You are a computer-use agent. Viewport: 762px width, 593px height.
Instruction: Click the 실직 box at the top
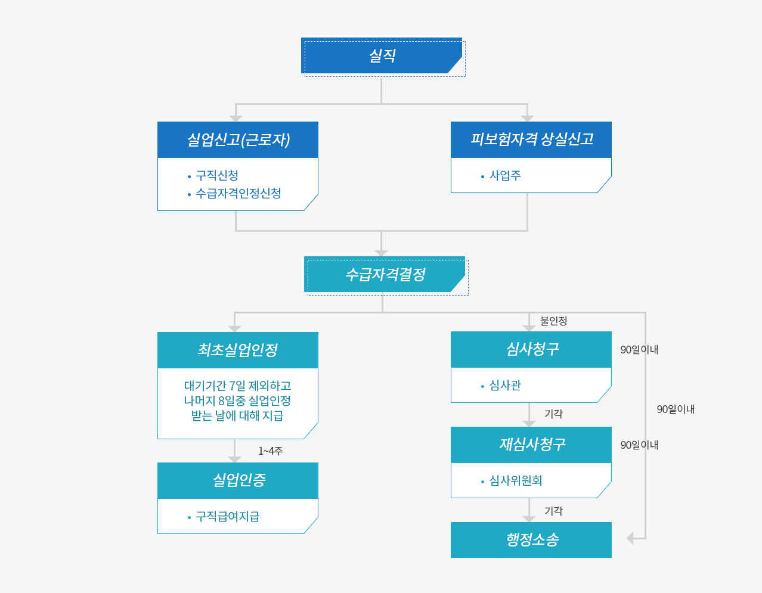(x=382, y=56)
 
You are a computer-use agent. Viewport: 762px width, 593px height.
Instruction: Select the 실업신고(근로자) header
(x=238, y=140)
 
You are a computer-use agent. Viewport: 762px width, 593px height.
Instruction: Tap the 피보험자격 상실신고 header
(x=531, y=139)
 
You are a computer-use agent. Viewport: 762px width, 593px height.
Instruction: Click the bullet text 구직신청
(x=217, y=175)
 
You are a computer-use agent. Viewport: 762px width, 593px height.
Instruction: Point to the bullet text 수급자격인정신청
(x=238, y=193)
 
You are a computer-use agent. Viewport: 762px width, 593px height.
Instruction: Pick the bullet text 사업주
(x=505, y=175)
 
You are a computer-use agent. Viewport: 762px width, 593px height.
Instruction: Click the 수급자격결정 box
(x=385, y=275)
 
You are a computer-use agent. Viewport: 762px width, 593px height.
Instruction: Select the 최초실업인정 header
(x=238, y=350)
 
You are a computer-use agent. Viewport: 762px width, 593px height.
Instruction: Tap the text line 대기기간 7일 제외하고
(x=237, y=386)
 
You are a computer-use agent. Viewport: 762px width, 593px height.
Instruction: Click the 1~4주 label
(x=270, y=451)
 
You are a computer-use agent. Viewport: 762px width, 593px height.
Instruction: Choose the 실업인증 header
(x=238, y=480)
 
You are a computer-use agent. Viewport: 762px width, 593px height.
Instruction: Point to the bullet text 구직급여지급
(x=227, y=517)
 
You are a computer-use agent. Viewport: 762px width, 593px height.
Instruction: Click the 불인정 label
(x=553, y=321)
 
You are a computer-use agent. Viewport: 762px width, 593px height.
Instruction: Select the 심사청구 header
(x=531, y=349)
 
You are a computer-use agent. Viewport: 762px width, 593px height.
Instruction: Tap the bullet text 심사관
(x=505, y=386)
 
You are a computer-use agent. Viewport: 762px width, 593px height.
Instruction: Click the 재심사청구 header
(x=531, y=445)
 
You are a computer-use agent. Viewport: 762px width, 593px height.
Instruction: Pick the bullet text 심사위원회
(x=516, y=481)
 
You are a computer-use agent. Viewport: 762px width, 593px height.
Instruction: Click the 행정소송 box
(x=531, y=540)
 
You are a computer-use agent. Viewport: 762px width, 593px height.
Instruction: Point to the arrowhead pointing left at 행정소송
(x=630, y=538)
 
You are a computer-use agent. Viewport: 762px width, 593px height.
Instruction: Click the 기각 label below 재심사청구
(x=553, y=511)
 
